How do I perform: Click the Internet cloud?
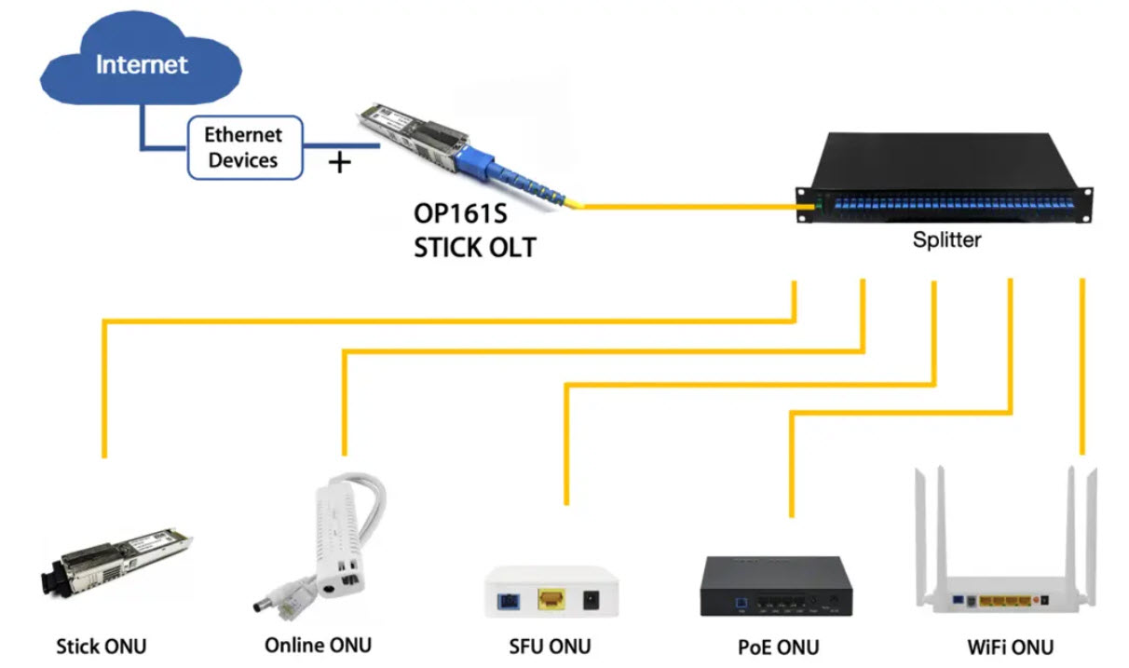pos(141,65)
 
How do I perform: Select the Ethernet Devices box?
pos(244,147)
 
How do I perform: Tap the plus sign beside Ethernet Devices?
pos(341,163)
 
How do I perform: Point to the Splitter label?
pos(946,239)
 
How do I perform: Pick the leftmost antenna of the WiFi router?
pos(923,522)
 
